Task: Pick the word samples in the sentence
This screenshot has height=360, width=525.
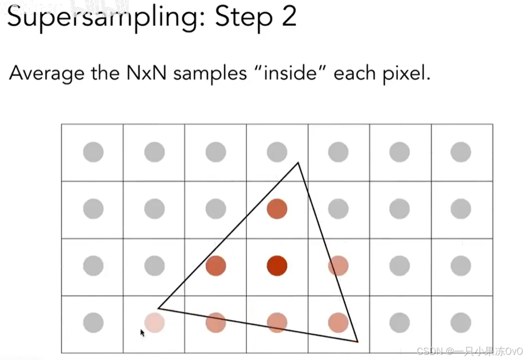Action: pos(213,74)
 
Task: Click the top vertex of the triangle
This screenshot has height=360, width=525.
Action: pos(298,163)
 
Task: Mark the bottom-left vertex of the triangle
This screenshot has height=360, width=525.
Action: pos(158,308)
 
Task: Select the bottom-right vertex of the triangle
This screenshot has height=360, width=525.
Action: pos(357,341)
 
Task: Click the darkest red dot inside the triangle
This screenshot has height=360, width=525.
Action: pos(277,265)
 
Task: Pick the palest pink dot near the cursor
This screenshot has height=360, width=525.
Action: pos(154,323)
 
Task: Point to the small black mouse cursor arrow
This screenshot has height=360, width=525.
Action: pos(142,332)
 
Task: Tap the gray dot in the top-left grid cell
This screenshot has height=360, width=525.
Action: pos(93,152)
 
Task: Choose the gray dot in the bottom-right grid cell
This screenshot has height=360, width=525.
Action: pos(461,323)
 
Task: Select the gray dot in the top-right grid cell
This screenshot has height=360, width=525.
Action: pos(461,152)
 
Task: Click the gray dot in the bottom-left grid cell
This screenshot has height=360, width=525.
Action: pos(93,323)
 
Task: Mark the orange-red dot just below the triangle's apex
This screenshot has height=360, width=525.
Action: pos(277,209)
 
